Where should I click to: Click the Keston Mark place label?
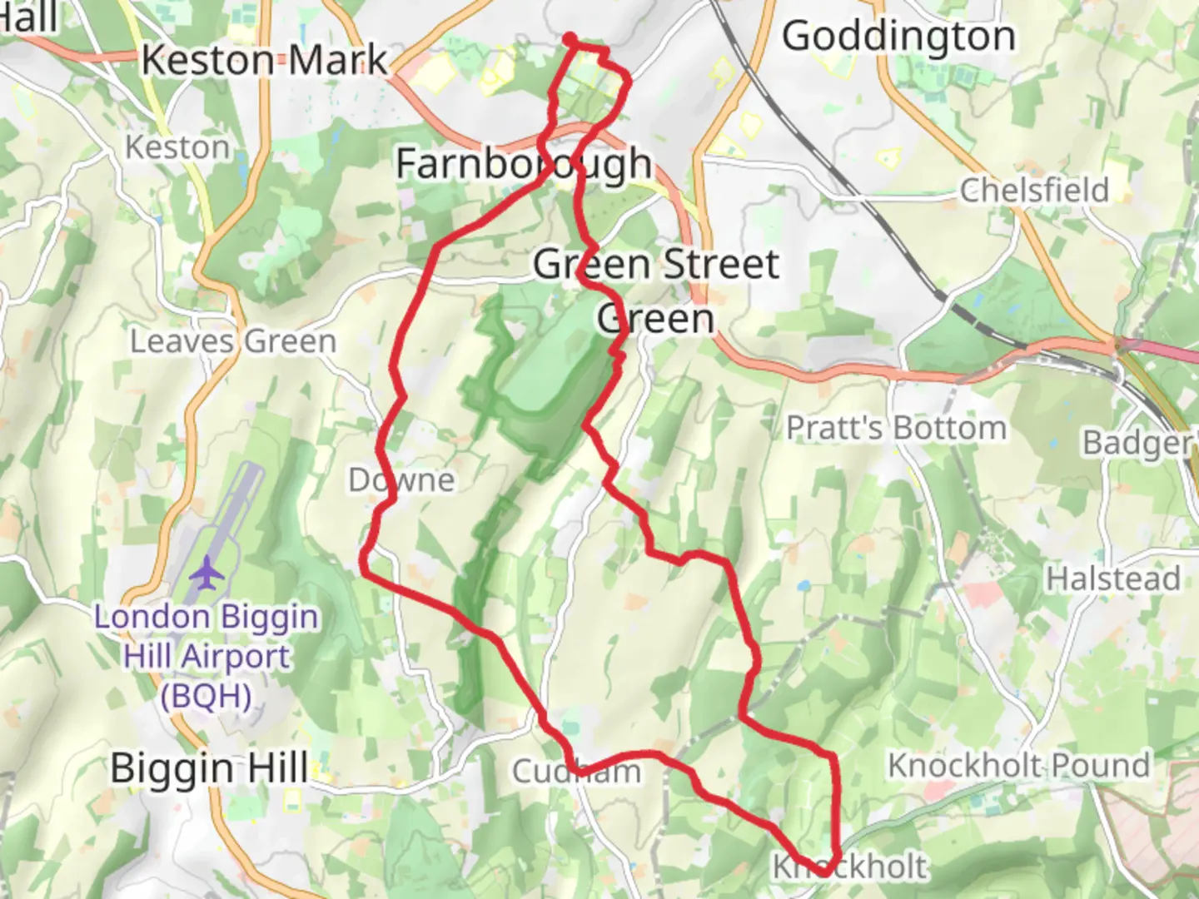(265, 60)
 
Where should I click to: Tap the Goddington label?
(898, 37)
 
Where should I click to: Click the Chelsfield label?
(1034, 191)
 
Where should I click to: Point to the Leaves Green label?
(233, 341)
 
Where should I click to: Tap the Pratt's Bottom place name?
(896, 428)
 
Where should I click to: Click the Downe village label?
(401, 479)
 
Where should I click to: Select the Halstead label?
(1112, 578)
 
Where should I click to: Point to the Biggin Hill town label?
(209, 767)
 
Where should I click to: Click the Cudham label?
(576, 772)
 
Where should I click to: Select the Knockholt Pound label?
(1018, 765)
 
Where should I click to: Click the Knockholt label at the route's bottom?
(848, 867)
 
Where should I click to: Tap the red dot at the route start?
(570, 38)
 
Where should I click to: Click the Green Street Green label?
(656, 291)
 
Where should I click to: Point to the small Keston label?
(177, 147)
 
